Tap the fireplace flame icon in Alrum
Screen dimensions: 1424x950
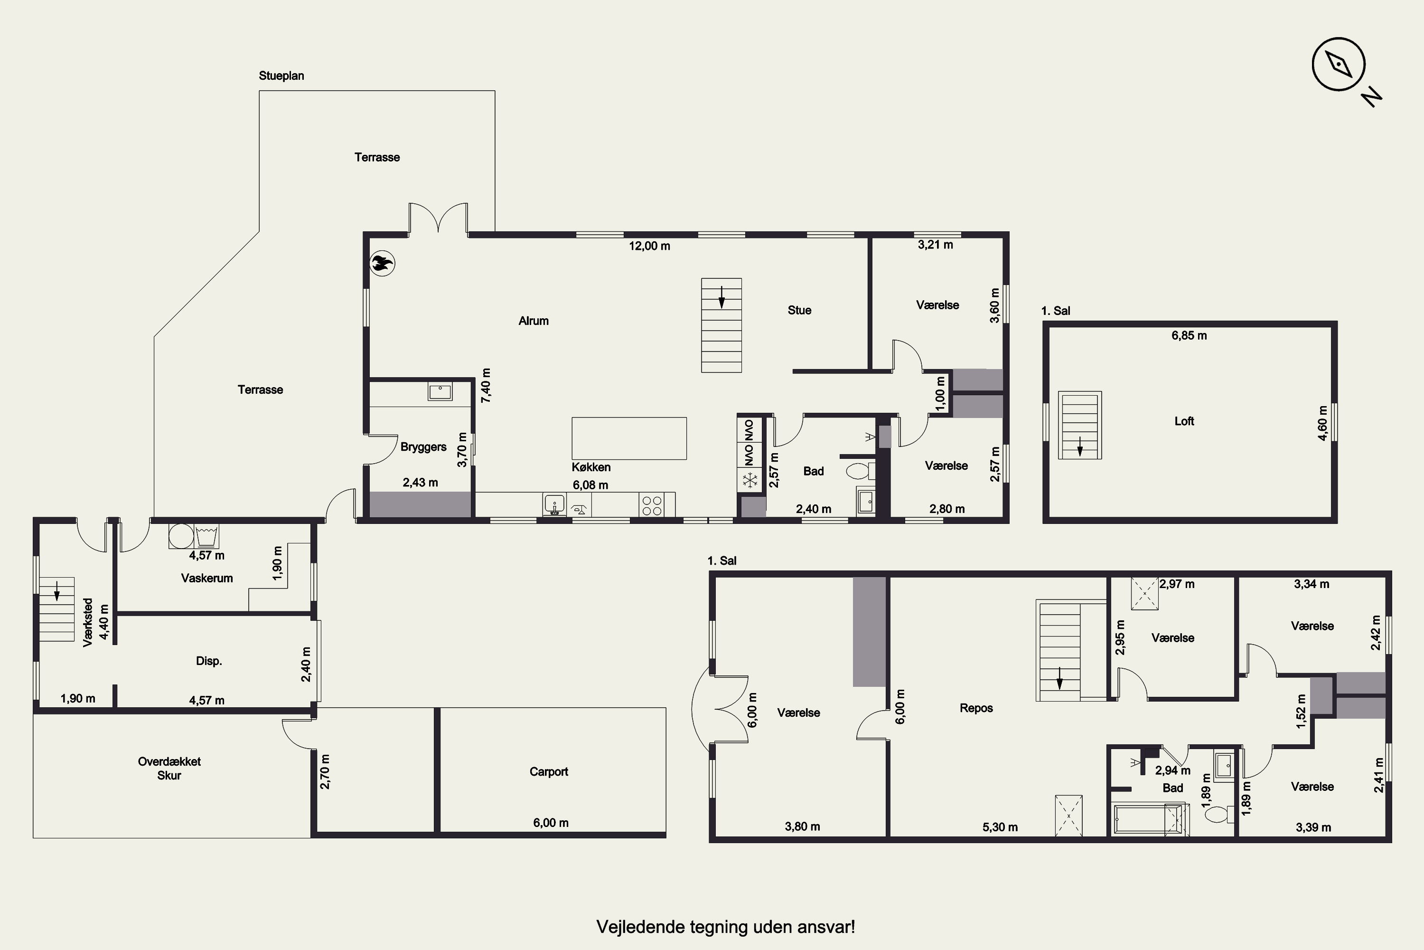pyautogui.click(x=382, y=264)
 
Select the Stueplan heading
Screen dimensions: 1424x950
pyautogui.click(x=281, y=76)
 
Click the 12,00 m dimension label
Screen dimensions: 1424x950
pyautogui.click(x=650, y=246)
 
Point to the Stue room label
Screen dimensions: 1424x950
pyautogui.click(x=799, y=310)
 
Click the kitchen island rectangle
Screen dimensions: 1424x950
pyautogui.click(x=629, y=438)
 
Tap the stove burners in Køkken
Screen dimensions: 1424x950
pyautogui.click(x=652, y=505)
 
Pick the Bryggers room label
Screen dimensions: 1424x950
pyautogui.click(x=423, y=447)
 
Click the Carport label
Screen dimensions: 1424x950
pyautogui.click(x=549, y=771)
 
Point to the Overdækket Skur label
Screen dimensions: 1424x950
pyautogui.click(x=169, y=768)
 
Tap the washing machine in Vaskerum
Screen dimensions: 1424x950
pyautogui.click(x=180, y=536)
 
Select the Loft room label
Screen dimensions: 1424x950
pyautogui.click(x=1184, y=421)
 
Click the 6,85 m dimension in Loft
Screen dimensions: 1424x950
pyautogui.click(x=1189, y=336)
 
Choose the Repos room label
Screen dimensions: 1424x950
pyautogui.click(x=976, y=708)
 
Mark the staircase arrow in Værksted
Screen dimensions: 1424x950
pyautogui.click(x=57, y=591)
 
